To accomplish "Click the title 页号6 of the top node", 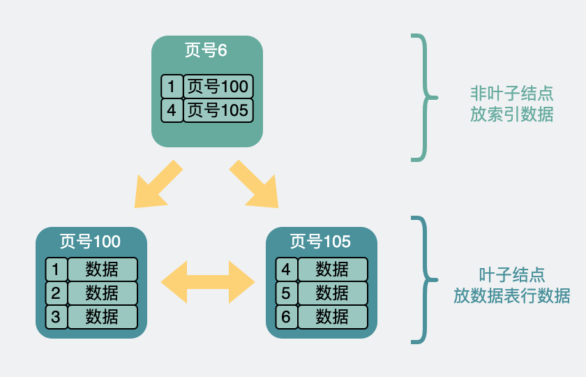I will coord(206,50).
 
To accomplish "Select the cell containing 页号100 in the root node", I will coord(218,87).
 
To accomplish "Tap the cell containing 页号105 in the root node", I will coord(218,110).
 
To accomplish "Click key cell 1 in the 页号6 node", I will coord(172,87).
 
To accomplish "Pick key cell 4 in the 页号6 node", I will coord(172,110).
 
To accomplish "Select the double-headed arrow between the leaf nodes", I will coord(208,282).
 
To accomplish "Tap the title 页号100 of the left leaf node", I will coord(91,242).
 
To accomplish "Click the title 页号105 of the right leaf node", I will coord(321,242).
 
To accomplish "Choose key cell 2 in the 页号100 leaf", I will coord(56,293).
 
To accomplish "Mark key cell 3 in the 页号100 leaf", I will coord(56,316).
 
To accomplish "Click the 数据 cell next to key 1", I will coord(103,269).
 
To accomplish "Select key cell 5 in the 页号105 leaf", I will coord(286,293).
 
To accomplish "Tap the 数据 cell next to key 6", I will coord(332,316).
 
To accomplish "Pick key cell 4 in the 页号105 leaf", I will coord(286,269).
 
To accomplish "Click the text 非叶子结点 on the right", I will coord(511,94).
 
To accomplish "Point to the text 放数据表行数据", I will coord(511,296).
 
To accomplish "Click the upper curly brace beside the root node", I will coord(423,98).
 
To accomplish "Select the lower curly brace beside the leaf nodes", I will coord(423,280).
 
